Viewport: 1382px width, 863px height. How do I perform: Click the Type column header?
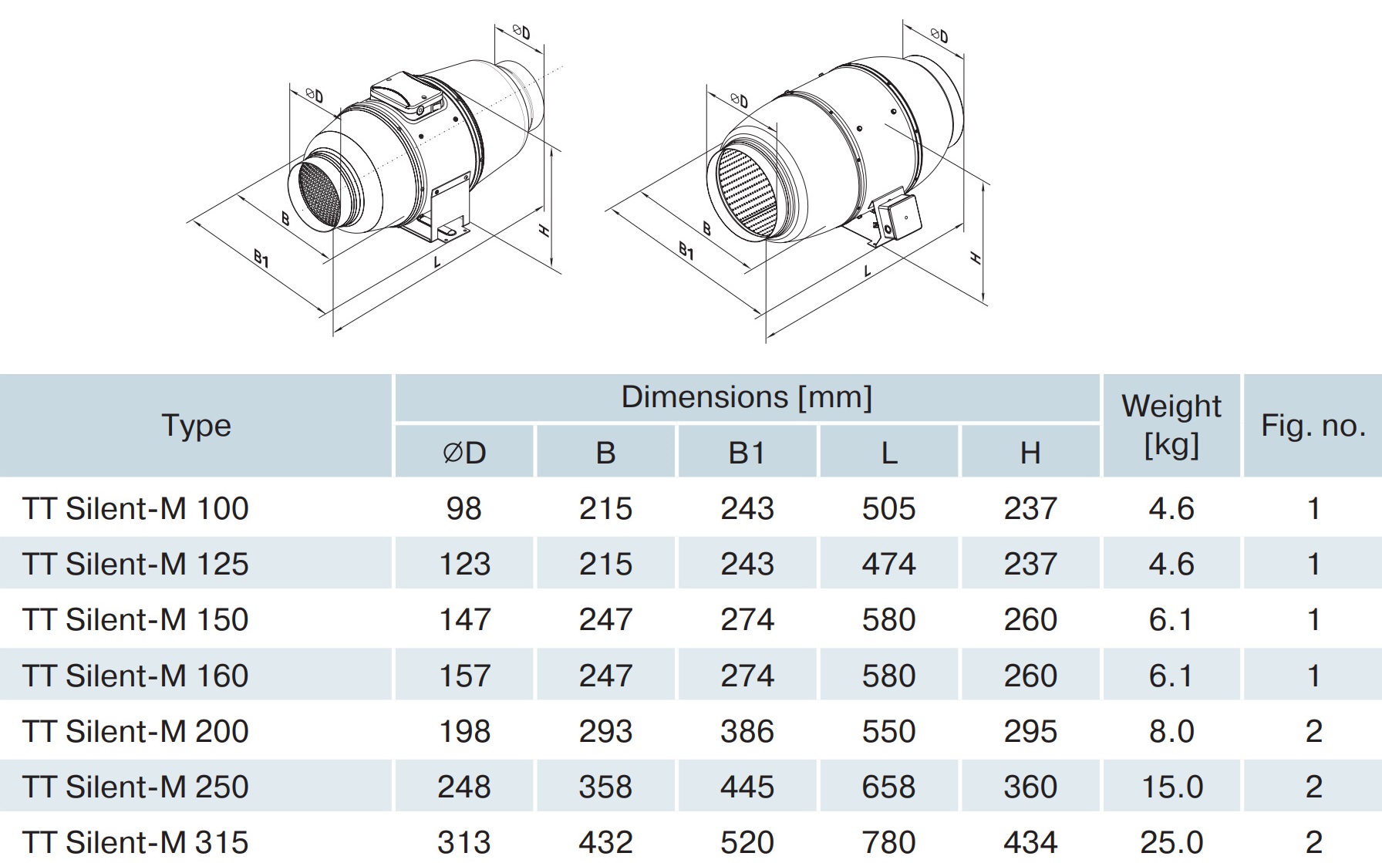pyautogui.click(x=196, y=426)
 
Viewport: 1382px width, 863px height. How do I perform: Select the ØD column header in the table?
pyautogui.click(x=464, y=453)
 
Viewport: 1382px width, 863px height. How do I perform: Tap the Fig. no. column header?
pyautogui.click(x=1313, y=426)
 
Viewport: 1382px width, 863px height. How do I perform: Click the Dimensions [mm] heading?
pyautogui.click(x=747, y=398)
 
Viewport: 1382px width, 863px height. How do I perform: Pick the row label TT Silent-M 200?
pyautogui.click(x=136, y=731)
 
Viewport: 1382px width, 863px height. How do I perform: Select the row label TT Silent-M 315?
pyautogui.click(x=136, y=842)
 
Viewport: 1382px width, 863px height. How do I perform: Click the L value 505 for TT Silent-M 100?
pyautogui.click(x=888, y=509)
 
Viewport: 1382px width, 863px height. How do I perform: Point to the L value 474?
pyautogui.click(x=888, y=565)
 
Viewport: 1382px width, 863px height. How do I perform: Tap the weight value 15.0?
pyautogui.click(x=1171, y=787)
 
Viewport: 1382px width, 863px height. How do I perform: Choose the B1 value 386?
pyautogui.click(x=747, y=731)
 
